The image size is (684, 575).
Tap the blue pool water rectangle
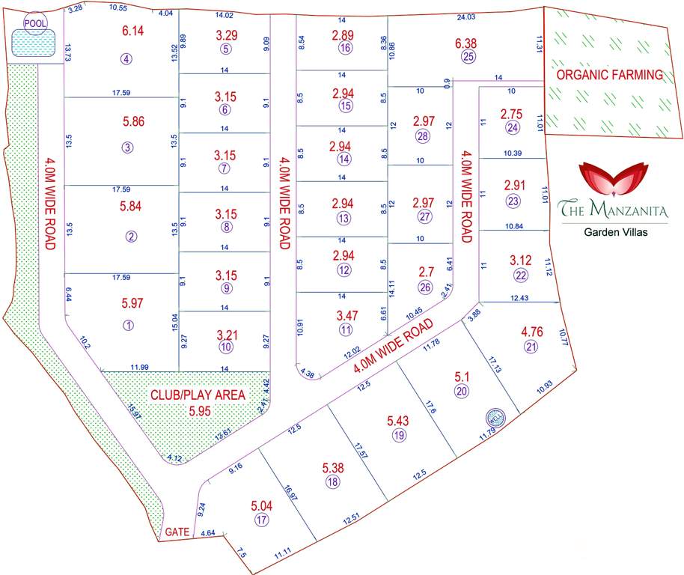point(34,45)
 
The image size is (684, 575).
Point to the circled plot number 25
point(468,57)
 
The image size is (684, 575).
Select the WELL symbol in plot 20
point(493,417)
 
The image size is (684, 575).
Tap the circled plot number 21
point(532,346)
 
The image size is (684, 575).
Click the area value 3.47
point(346,315)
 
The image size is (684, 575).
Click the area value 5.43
point(397,422)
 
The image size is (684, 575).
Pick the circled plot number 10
point(225,347)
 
